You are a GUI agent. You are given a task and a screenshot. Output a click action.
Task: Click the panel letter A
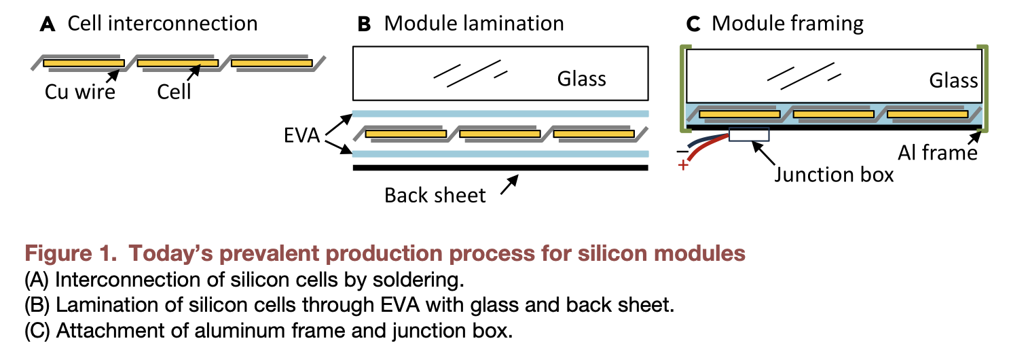[48, 24]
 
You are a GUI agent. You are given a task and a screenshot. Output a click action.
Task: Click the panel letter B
[364, 24]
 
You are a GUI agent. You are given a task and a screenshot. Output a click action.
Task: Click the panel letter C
[692, 24]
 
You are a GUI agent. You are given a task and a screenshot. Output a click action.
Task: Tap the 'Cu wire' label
[80, 91]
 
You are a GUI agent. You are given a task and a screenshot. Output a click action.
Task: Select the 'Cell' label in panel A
[174, 91]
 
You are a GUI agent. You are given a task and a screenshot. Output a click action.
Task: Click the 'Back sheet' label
[435, 196]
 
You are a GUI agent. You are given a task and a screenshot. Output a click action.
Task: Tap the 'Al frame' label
[938, 153]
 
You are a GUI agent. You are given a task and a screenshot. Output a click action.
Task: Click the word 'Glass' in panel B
[581, 79]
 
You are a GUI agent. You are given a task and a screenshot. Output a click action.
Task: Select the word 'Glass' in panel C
[953, 82]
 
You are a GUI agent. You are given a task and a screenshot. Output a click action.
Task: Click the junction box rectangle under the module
[749, 135]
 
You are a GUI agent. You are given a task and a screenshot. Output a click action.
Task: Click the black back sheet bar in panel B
[500, 167]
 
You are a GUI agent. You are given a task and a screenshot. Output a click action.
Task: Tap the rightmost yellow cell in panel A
[272, 63]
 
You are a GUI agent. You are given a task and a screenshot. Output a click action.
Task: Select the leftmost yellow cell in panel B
[405, 134]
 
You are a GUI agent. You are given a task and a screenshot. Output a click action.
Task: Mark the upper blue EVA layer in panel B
[500, 114]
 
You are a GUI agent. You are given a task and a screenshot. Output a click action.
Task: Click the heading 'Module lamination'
[473, 24]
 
